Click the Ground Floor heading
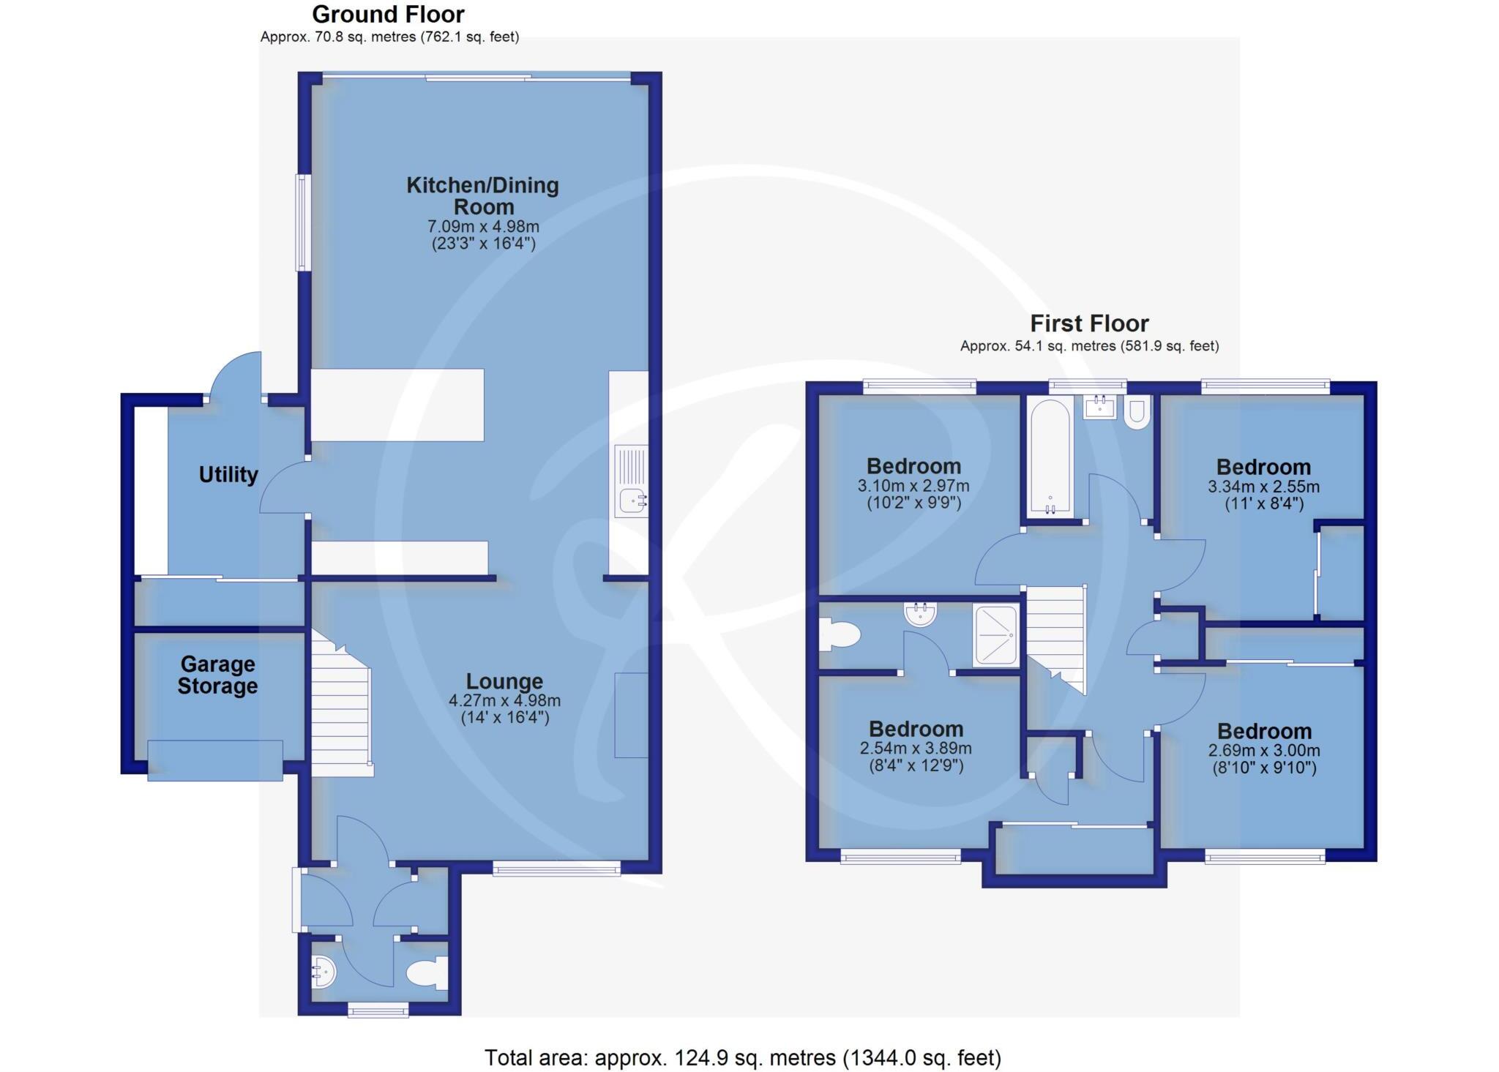click(x=388, y=15)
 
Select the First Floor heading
click(x=1089, y=323)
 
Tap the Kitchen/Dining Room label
click(x=483, y=195)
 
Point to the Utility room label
click(x=228, y=475)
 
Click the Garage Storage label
click(x=217, y=675)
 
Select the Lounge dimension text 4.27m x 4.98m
click(x=504, y=700)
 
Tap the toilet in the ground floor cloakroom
click(x=427, y=974)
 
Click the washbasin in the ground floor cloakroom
click(x=322, y=973)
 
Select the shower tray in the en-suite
click(x=995, y=635)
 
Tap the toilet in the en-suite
click(x=837, y=634)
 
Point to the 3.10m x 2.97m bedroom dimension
click(x=913, y=485)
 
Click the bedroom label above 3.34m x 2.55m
click(x=1263, y=467)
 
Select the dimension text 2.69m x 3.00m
click(x=1264, y=750)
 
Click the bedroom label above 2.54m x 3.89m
click(x=916, y=729)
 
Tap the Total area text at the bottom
click(x=742, y=1057)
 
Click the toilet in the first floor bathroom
click(x=1137, y=413)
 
